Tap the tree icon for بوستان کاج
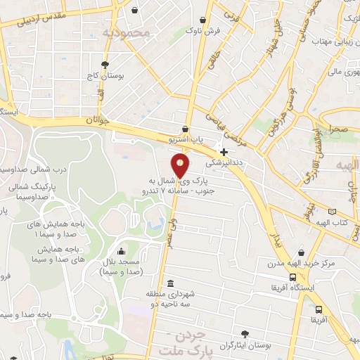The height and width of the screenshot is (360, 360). pyautogui.click(x=105, y=64)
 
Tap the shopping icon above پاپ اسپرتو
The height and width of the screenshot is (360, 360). pyautogui.click(x=185, y=129)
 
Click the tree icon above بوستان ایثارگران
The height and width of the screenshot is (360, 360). pyautogui.click(x=244, y=333)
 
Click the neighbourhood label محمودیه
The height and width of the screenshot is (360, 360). pyautogui.click(x=127, y=32)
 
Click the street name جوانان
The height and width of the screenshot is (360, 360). pyautogui.click(x=98, y=121)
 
